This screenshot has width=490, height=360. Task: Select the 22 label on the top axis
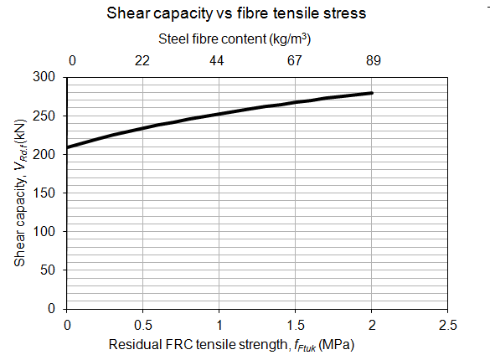(143, 61)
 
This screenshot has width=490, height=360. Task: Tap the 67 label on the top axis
(295, 61)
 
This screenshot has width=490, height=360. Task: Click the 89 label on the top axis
(373, 61)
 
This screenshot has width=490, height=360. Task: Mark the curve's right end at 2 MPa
(372, 93)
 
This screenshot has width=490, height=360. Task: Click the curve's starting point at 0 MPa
(67, 147)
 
